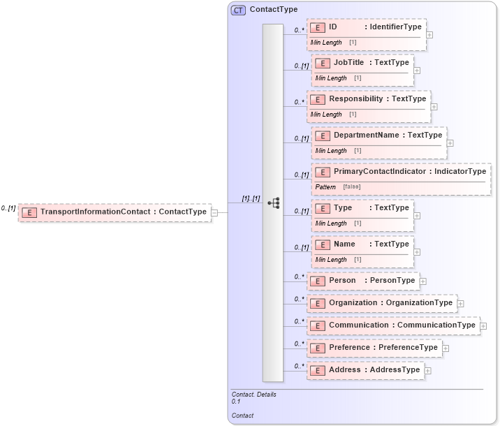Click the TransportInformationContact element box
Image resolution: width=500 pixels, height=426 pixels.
(x=115, y=212)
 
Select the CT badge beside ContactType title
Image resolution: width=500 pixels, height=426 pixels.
(x=238, y=10)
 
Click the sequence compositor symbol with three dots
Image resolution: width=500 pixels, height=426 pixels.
(x=273, y=203)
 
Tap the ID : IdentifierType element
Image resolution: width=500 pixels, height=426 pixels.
(x=366, y=27)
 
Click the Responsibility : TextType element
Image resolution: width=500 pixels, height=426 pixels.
(x=368, y=99)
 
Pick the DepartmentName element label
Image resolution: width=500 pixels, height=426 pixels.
(x=366, y=135)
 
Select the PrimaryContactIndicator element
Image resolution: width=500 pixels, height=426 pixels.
(x=401, y=172)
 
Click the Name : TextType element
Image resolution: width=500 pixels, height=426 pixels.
(x=362, y=244)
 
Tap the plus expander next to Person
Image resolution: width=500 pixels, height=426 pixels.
(x=423, y=281)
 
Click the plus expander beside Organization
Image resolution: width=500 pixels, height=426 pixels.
(x=461, y=304)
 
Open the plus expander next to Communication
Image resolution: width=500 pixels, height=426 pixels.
(x=483, y=326)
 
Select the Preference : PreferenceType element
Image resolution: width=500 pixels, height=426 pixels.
(x=374, y=348)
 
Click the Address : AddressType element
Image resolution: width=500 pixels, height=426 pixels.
(x=365, y=370)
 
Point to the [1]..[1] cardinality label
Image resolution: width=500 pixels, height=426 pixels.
(x=251, y=198)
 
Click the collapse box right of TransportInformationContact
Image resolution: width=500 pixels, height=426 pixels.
(x=214, y=212)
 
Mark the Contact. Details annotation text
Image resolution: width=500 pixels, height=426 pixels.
(x=253, y=394)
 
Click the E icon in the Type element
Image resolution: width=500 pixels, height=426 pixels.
(x=322, y=209)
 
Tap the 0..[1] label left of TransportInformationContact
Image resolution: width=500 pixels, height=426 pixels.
(x=8, y=208)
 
